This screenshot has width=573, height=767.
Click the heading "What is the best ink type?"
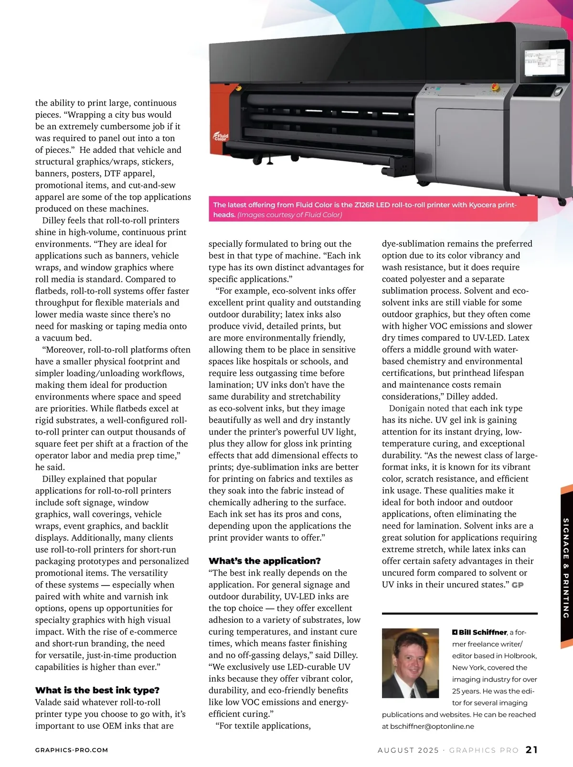click(97, 690)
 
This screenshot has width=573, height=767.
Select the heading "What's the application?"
click(265, 561)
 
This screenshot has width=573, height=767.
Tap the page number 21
click(531, 750)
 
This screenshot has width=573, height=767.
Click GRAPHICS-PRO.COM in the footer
click(72, 750)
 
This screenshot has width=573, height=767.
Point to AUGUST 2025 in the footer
click(408, 750)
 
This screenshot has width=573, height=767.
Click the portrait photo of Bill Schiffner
click(410, 663)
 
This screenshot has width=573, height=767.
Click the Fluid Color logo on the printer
click(221, 136)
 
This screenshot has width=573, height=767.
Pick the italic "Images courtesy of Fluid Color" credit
click(290, 215)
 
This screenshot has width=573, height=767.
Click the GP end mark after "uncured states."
click(518, 585)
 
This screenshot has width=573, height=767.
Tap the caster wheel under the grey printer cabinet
click(424, 183)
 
